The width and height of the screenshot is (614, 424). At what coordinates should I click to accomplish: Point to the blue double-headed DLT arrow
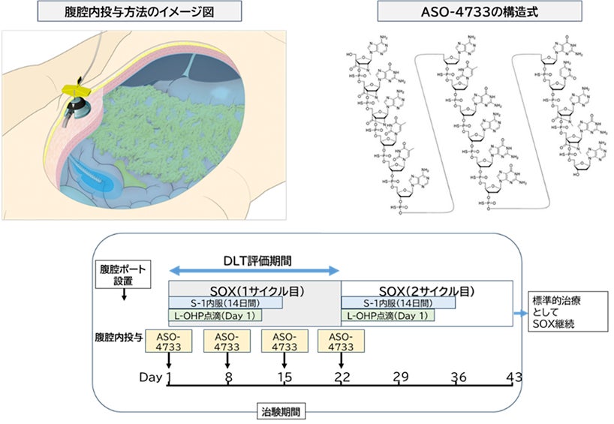pos(254,271)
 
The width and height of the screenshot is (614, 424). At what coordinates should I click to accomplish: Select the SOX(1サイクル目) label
pos(255,289)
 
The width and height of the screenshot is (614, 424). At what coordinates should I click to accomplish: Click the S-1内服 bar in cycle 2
pos(398,302)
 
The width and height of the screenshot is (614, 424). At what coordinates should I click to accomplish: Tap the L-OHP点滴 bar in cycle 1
pos(218,317)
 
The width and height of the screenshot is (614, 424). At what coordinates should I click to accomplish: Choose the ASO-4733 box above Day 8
pos(226,341)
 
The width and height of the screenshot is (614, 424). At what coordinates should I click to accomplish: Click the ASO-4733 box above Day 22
pos(342,341)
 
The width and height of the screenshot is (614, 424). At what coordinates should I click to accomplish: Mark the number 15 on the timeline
pos(284,377)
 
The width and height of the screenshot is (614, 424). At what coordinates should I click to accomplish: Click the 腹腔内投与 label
pos(119,336)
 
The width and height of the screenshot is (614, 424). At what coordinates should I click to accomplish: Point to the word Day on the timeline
pos(151,377)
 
